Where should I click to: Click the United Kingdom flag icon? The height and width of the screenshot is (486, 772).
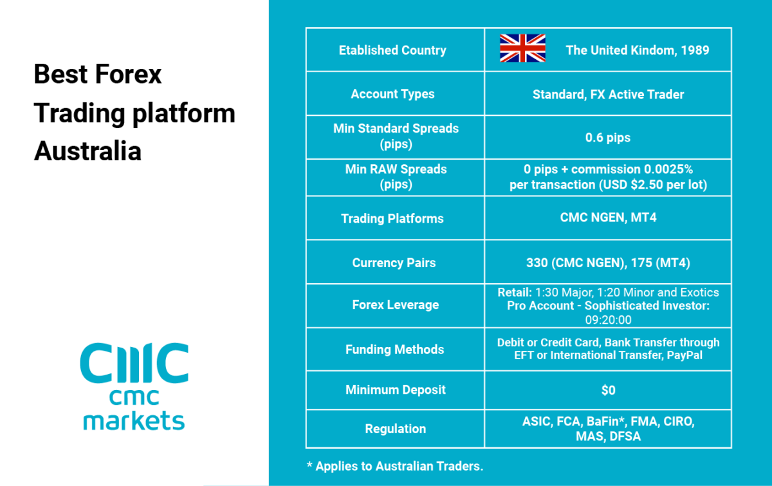pos(522,48)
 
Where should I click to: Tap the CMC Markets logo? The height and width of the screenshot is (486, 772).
pos(134,386)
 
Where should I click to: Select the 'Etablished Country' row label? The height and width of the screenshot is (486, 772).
pos(392,50)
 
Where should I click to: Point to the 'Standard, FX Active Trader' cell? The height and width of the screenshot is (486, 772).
pos(609,95)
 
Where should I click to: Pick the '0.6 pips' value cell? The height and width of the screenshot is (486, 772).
pos(608,138)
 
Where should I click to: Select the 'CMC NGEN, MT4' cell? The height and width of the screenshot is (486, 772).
pos(609,218)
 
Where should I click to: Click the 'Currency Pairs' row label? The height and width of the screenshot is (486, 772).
pos(394,263)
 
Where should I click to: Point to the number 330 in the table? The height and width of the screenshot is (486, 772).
pos(537,263)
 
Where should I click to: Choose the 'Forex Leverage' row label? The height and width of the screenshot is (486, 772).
pos(396,305)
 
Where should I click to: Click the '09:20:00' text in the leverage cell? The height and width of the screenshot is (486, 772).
pos(609,320)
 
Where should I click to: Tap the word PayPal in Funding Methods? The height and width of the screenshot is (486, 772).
pos(685,355)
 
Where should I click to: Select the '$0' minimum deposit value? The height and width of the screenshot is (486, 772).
pos(609,391)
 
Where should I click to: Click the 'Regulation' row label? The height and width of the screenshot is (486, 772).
pos(396,429)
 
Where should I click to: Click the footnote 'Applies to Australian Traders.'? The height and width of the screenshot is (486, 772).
pos(400,466)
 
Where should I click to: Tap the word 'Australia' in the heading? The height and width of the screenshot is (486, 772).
pos(88,151)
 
